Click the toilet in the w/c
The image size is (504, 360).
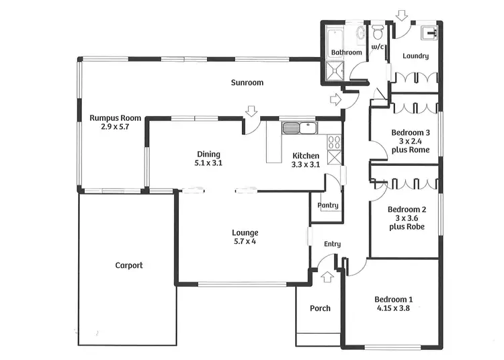point(379,33)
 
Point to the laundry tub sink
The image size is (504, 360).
point(429,32)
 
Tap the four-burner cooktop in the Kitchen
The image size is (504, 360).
point(334,142)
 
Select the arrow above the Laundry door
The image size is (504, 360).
point(403,13)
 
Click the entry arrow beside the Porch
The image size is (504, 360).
point(327,275)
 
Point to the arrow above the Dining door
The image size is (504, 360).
point(251,111)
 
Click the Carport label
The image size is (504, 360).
point(128,265)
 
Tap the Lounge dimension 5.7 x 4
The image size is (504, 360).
point(245,241)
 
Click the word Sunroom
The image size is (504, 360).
point(247,83)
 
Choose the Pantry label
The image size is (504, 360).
point(329,206)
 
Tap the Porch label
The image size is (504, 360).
point(320,308)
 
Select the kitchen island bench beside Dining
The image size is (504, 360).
point(272,142)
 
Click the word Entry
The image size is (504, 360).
point(332,244)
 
